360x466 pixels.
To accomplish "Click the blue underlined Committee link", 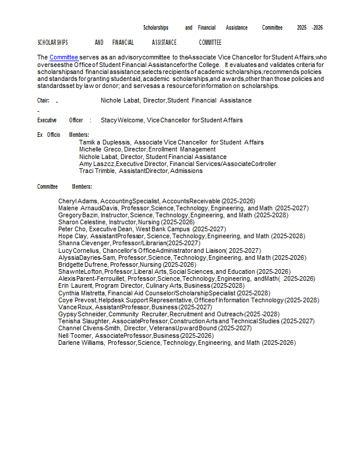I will click(x=63, y=57).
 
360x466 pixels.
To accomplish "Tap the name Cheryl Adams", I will click(x=78, y=201).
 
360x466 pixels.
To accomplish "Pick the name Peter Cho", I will click(x=72, y=230).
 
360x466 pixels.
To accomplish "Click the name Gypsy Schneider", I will click(x=82, y=314).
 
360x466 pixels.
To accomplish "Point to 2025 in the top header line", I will click(x=302, y=27).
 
